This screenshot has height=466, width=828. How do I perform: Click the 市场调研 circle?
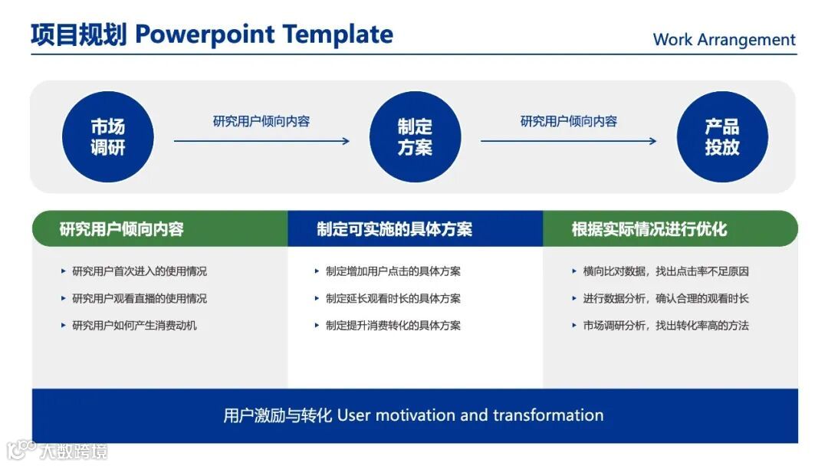coord(108,136)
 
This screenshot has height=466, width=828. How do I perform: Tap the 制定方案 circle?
coord(415,136)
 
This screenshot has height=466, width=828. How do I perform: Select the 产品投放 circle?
coord(722,136)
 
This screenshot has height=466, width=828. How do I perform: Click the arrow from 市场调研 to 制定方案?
coord(261,141)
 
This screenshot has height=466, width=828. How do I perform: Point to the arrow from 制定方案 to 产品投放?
coord(569,141)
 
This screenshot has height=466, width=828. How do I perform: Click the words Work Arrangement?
coord(724,40)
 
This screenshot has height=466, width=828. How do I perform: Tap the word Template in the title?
coord(337,34)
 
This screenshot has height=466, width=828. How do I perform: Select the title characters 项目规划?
coord(79,34)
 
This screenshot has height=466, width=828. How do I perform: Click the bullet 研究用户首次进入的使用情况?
coord(140,271)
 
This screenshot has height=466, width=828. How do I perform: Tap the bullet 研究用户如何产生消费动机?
coord(134,325)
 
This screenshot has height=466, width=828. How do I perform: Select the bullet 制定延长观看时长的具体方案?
coord(393,298)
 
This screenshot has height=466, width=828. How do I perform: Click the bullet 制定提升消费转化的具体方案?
coord(393,325)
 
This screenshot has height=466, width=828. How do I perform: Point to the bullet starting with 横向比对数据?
coord(666,271)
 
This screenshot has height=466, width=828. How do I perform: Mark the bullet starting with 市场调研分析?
coord(666,325)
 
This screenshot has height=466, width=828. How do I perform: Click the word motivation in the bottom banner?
coord(415,415)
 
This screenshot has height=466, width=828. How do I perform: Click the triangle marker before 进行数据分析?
coord(574,298)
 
